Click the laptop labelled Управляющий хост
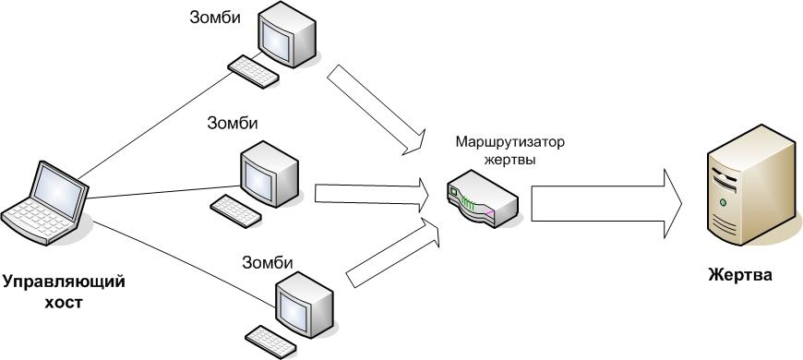pyautogui.click(x=45, y=205)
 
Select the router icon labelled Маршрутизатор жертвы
pyautogui.click(x=483, y=198)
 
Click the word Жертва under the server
pyautogui.click(x=740, y=275)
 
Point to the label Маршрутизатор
pyautogui.click(x=510, y=141)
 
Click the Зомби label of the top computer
pyautogui.click(x=215, y=17)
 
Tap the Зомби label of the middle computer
pyautogui.click(x=233, y=123)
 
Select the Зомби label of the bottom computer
pyautogui.click(x=268, y=263)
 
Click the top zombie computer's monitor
pyautogui.click(x=287, y=34)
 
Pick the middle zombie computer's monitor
pyautogui.click(x=270, y=174)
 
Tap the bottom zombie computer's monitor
pyautogui.click(x=305, y=304)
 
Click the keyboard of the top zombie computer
pyautogui.click(x=254, y=72)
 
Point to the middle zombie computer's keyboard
pyautogui.click(x=236, y=211)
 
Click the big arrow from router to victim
pyautogui.click(x=606, y=204)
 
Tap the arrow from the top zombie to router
pyautogui.click(x=377, y=109)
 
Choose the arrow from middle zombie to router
pyautogui.click(x=372, y=195)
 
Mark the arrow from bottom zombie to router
pyautogui.click(x=393, y=252)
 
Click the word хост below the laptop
pyautogui.click(x=63, y=303)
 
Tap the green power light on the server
pyautogui.click(x=723, y=202)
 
